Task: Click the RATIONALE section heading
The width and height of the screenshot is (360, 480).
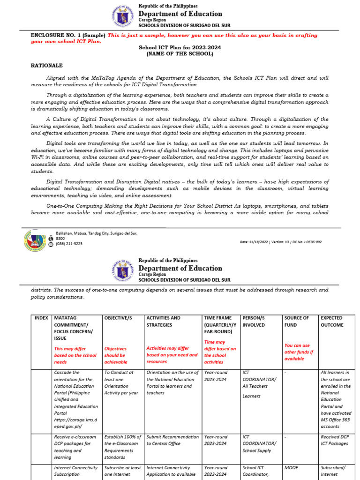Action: (x=46, y=66)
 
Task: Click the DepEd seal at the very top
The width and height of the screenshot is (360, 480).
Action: (x=123, y=16)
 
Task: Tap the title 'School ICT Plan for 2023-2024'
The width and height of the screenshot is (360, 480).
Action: (x=180, y=47)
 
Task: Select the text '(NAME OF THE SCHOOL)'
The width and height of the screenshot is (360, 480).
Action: (x=180, y=54)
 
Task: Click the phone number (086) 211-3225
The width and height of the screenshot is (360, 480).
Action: (x=69, y=244)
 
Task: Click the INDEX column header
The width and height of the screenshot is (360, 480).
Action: (x=41, y=318)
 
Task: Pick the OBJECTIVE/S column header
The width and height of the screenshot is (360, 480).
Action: (x=118, y=318)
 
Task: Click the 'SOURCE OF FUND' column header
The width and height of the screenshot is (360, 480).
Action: (x=296, y=321)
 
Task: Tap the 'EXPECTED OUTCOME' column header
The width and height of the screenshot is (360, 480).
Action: (x=332, y=321)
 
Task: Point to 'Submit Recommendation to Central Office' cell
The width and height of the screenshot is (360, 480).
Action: (x=172, y=440)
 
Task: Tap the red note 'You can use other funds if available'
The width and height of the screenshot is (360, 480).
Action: (x=299, y=352)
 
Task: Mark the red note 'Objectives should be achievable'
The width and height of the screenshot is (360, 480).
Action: (x=115, y=355)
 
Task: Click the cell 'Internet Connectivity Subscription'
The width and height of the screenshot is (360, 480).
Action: (x=75, y=471)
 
